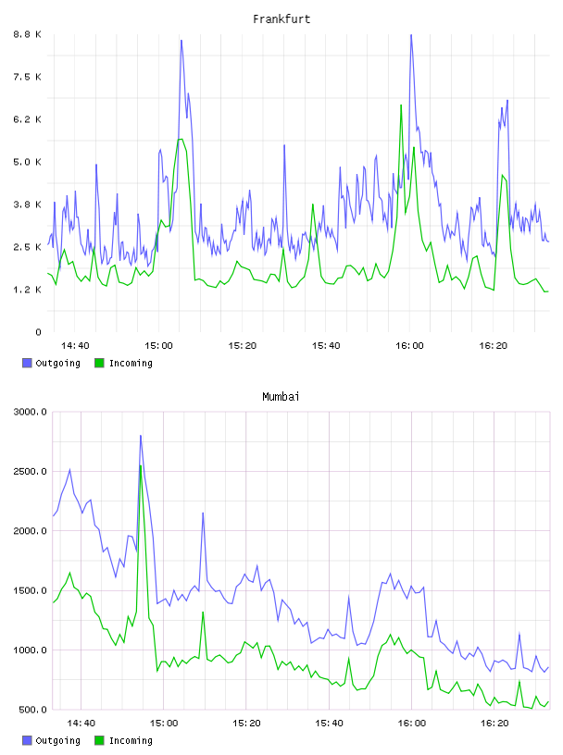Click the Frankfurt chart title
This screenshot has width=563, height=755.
[x=281, y=19]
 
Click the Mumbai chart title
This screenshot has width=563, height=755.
[x=281, y=397]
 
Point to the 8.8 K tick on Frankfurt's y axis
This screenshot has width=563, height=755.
[x=28, y=34]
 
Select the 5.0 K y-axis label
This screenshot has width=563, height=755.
[x=28, y=162]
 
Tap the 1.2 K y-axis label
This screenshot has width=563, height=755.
[x=28, y=290]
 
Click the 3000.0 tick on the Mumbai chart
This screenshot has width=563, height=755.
[x=31, y=412]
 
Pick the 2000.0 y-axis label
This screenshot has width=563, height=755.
[x=31, y=530]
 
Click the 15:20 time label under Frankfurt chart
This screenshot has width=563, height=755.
[x=243, y=346]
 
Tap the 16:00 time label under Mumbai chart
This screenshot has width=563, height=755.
[x=412, y=724]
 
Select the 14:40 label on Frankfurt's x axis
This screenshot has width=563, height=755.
[x=75, y=346]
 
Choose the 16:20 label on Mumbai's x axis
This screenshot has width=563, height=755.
[x=494, y=724]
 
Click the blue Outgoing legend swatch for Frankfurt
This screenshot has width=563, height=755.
[x=27, y=363]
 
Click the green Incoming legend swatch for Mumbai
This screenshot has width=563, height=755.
[x=99, y=740]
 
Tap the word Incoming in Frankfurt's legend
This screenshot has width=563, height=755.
[x=131, y=364]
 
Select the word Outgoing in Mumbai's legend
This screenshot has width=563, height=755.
[x=57, y=741]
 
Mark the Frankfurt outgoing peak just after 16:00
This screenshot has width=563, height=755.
[x=411, y=34]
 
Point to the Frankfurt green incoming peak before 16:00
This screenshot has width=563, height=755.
[x=401, y=105]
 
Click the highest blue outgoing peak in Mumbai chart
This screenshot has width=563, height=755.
[x=141, y=436]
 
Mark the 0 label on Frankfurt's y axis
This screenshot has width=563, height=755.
[x=39, y=332]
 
